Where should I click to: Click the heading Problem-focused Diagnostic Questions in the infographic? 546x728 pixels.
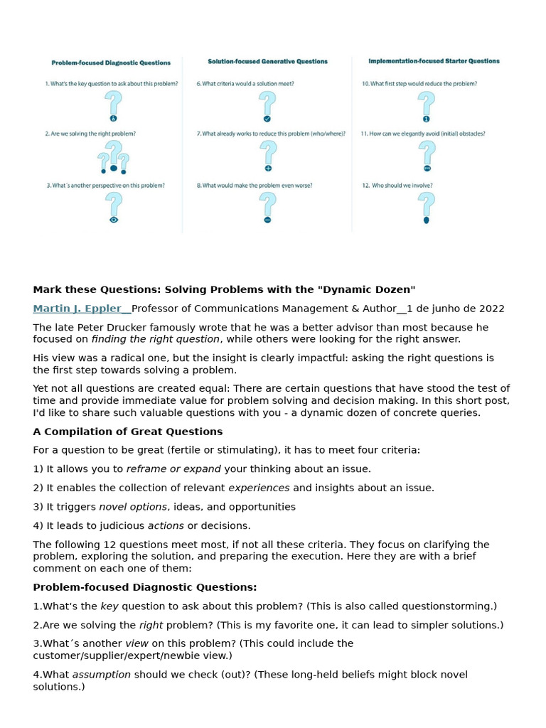(111, 63)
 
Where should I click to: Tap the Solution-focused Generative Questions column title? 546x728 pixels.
(267, 62)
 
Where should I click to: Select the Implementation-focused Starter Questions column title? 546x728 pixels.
(434, 61)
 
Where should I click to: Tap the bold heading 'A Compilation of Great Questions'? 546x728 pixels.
(128, 432)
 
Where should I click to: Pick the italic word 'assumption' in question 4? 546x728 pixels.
(102, 674)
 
